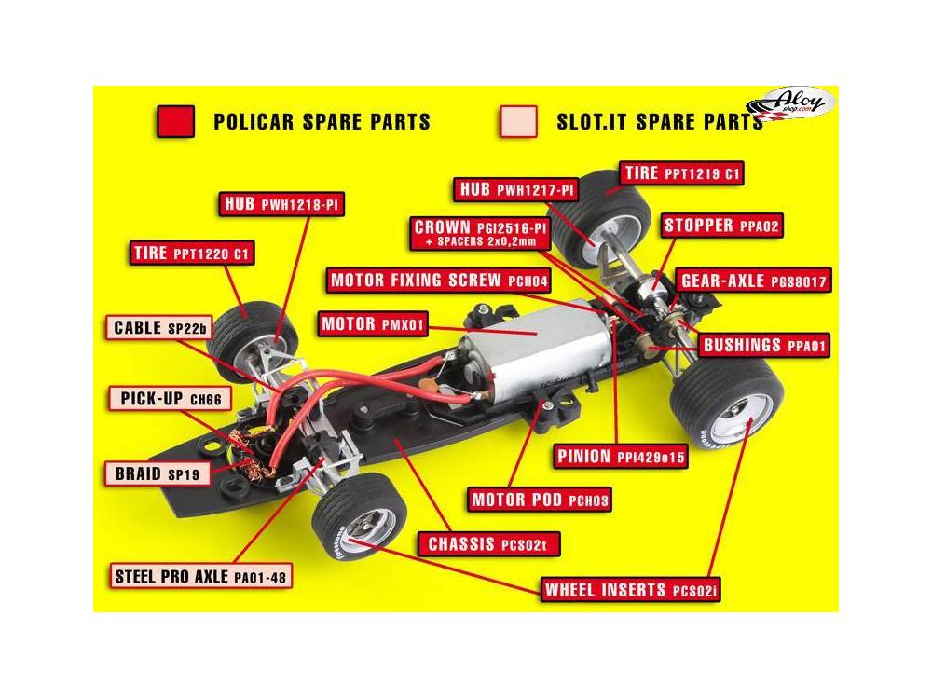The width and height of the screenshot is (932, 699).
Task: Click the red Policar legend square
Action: pos(175,121)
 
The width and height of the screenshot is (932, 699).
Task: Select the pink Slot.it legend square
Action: pos(519,121)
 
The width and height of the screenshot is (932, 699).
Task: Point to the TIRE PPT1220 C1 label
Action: pos(191,254)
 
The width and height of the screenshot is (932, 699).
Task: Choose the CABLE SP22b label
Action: pos(159,328)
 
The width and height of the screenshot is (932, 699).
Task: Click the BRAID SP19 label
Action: pos(158,473)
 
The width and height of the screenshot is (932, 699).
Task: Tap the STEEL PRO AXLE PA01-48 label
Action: pos(201,576)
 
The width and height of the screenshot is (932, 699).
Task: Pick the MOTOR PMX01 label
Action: pos(373,324)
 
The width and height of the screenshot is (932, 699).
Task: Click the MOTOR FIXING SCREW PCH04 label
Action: pos(439,281)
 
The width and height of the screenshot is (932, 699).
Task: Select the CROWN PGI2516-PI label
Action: pos(480,233)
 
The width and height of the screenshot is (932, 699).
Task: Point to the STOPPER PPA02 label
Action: pos(721,226)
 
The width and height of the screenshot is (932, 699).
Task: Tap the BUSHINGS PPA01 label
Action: pos(764,346)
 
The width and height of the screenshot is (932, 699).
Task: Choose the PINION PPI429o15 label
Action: pos(621,457)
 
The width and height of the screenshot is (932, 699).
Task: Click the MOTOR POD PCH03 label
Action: pos(540,500)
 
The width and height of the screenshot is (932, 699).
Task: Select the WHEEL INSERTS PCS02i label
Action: pos(631,590)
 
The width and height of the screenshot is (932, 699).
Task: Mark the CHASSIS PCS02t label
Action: pos(488,544)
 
